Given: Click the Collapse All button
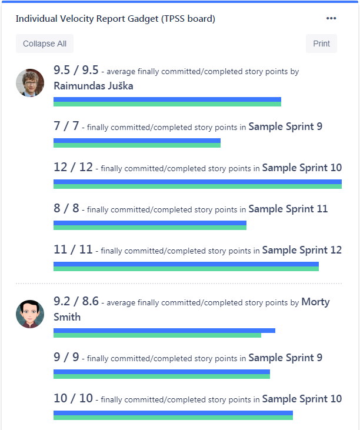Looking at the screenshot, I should tap(45, 44).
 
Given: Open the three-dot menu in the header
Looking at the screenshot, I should tap(331, 19).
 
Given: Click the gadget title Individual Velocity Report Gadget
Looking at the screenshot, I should tap(115, 19).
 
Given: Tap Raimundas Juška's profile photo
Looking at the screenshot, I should tap(30, 83).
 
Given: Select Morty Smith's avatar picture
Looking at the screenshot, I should tap(30, 314).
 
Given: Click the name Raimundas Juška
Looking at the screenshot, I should tap(94, 86).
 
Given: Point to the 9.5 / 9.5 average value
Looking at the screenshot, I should tap(76, 71).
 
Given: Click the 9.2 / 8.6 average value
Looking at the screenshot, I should tap(76, 302).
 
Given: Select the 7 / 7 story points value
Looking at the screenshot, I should tap(66, 126).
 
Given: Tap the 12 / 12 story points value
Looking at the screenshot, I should tap(73, 167).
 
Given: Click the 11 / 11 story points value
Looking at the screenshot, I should tap(73, 249).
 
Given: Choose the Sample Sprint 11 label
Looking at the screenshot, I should tap(288, 209).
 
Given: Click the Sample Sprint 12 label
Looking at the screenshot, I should tap(302, 250).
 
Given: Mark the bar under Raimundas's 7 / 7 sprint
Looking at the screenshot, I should tap(137, 143).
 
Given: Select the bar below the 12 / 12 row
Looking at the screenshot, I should tap(198, 184).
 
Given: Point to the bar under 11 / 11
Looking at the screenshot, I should tap(186, 266).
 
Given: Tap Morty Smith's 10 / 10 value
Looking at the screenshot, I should tap(73, 398).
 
